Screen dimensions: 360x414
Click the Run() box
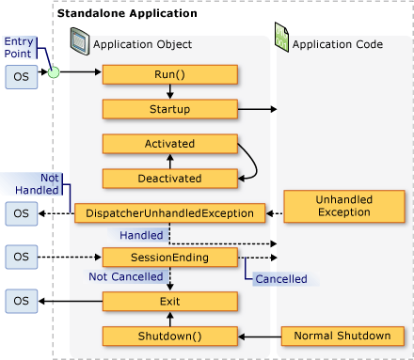(x=169, y=75)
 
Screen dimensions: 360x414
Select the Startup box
(x=169, y=110)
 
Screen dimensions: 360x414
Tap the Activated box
(x=169, y=144)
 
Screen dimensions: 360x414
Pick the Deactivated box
(x=169, y=178)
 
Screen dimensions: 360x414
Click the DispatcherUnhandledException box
(x=169, y=213)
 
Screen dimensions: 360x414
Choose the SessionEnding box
(x=169, y=256)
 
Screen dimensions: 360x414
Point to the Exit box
(x=169, y=302)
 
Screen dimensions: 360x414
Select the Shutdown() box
(x=169, y=336)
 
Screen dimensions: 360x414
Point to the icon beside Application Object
(x=81, y=42)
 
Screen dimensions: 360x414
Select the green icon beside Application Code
(x=280, y=42)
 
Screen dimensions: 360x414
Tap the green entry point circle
(x=55, y=71)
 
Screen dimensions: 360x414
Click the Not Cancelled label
(x=125, y=277)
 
